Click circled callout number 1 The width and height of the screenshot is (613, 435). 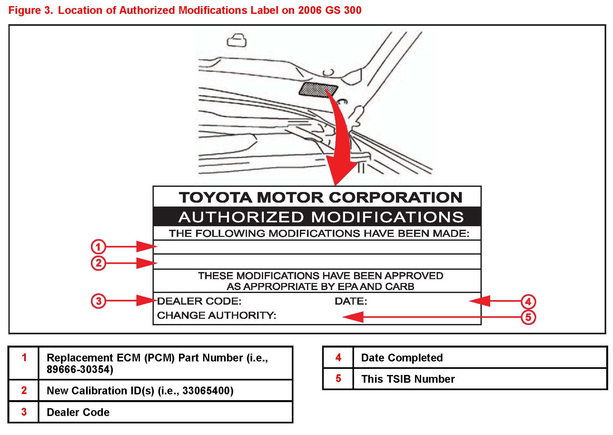98,247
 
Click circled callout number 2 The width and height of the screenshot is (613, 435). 98,263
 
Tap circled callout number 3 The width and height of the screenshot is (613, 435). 98,301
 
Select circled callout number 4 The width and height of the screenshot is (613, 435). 528,301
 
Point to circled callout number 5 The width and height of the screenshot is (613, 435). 528,317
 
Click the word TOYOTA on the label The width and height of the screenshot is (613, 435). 215,197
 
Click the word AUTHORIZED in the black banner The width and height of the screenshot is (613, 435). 241,217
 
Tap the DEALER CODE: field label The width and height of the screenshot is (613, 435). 199,301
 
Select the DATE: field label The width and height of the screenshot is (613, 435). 351,301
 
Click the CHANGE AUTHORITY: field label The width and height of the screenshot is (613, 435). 216,315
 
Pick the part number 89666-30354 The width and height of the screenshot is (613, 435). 80,369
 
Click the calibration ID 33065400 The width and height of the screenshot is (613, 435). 207,391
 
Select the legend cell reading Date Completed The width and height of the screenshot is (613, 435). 402,358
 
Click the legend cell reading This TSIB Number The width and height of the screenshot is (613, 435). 408,379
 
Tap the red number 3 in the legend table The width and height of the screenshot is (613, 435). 24,412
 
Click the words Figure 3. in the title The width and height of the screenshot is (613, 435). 31,10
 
